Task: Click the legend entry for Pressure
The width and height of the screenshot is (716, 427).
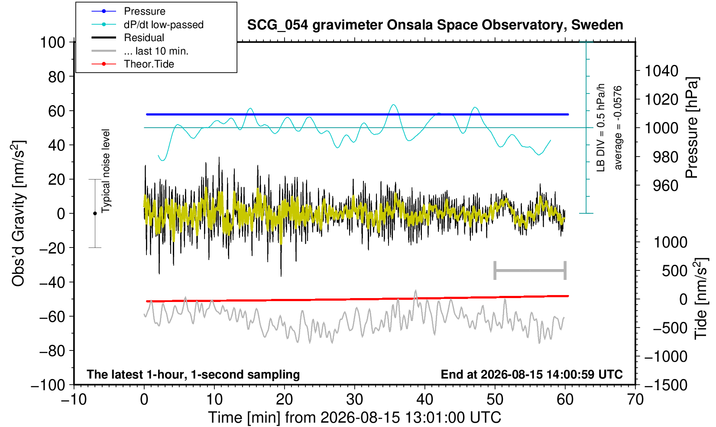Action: click(145, 12)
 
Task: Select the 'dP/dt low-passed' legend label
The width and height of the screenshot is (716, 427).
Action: click(164, 25)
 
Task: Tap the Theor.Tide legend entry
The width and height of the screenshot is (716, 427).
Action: click(149, 64)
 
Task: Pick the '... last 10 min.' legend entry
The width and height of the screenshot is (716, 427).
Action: click(156, 51)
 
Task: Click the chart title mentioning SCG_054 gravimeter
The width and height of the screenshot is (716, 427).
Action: click(435, 25)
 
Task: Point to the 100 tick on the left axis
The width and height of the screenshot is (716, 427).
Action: click(52, 42)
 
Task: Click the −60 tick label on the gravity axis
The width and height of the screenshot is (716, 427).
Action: click(52, 317)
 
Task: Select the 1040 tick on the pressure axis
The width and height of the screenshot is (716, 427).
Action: click(661, 71)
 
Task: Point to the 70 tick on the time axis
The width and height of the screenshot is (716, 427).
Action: click(635, 400)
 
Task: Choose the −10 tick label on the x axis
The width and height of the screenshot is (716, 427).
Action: click(74, 400)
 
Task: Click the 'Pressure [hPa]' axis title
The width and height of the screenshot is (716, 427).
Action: click(692, 128)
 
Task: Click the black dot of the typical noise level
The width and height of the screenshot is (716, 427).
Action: click(95, 213)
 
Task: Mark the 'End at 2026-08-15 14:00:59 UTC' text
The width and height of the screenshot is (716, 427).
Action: click(531, 374)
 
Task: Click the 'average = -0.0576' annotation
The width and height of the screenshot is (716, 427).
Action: click(618, 128)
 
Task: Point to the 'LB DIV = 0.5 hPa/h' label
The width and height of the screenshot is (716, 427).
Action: click(601, 128)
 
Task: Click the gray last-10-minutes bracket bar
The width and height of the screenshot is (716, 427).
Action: click(530, 270)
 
